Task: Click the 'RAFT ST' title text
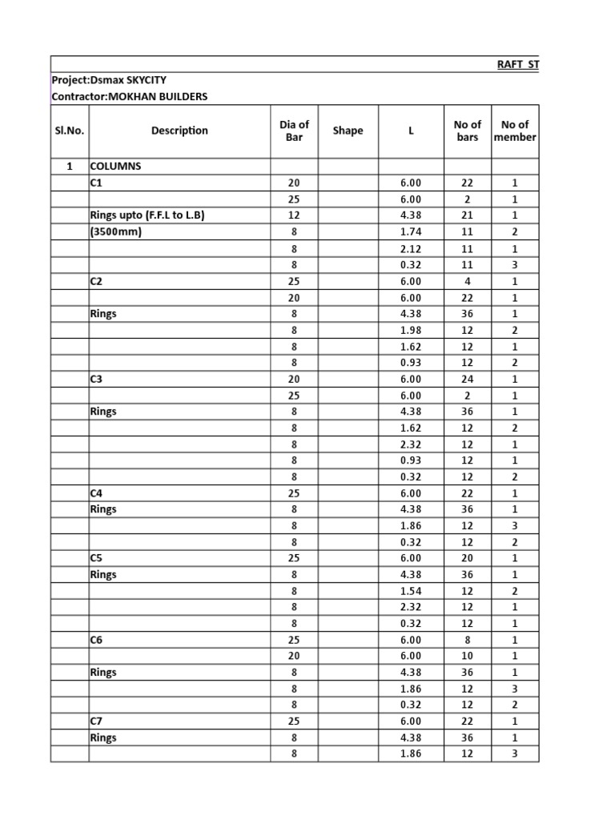point(517,64)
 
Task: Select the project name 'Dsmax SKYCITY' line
point(109,80)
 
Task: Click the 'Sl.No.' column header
point(70,131)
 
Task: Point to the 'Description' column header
point(179,131)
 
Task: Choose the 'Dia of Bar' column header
point(294,131)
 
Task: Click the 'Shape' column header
point(348,131)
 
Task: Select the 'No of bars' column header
point(467,131)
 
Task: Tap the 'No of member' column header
point(515,131)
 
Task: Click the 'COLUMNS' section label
point(115,167)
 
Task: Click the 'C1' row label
point(97,183)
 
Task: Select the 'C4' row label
point(97,493)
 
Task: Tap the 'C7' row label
point(97,722)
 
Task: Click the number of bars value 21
point(467,215)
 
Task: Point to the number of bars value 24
point(467,379)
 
